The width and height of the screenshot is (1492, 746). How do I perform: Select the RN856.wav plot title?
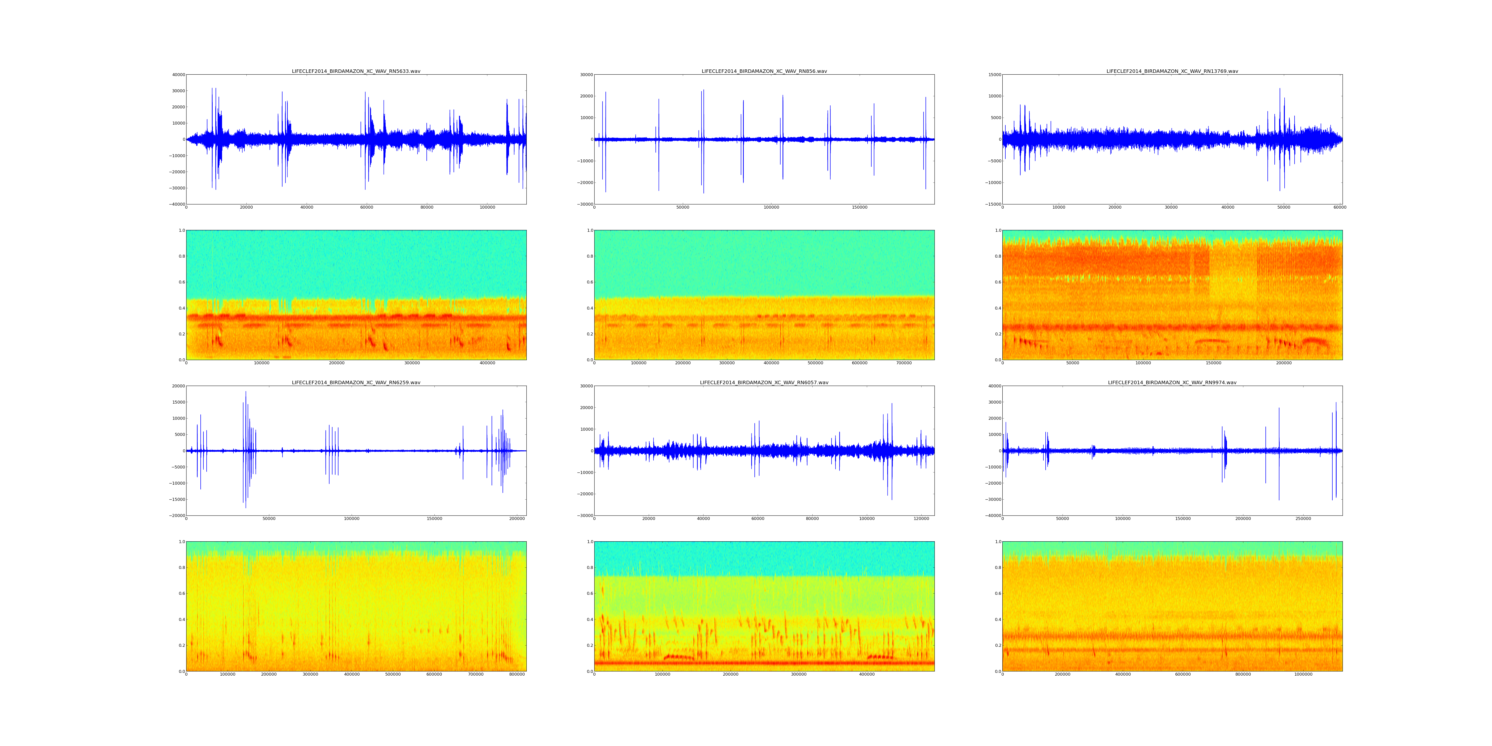click(764, 71)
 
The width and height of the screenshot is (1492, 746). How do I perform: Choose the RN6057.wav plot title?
click(764, 383)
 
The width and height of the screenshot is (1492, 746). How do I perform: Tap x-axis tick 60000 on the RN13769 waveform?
click(1339, 207)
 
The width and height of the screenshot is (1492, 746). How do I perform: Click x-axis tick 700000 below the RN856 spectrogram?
click(904, 363)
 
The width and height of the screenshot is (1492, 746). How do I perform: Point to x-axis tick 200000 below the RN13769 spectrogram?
click(1283, 363)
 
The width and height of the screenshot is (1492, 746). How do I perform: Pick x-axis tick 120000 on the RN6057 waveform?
click(922, 519)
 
